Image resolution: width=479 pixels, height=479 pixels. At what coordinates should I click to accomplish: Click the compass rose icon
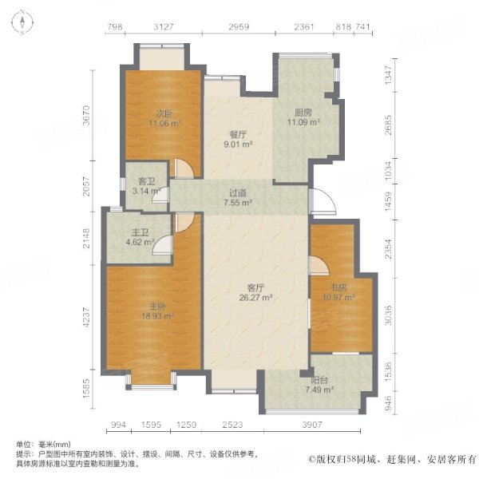coord(22,22)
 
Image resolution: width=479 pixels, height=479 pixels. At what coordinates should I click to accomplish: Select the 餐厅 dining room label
coord(238,135)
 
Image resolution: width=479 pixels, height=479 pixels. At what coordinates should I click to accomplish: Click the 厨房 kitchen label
coord(303,113)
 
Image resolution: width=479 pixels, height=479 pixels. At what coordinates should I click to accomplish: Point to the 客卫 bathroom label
coord(147,181)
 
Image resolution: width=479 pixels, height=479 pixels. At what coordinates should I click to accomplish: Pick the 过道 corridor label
coord(238,193)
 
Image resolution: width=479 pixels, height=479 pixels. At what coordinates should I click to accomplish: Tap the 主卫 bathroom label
coord(140,233)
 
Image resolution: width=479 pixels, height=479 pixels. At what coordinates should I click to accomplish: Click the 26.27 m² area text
coord(255,297)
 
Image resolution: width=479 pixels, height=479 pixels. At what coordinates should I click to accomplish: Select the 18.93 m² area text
coord(157,316)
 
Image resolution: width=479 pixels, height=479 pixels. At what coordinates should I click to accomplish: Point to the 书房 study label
coord(339,287)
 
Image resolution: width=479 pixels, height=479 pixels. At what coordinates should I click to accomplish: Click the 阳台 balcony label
coord(319,380)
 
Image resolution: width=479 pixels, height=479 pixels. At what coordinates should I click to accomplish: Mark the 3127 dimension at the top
coord(164,27)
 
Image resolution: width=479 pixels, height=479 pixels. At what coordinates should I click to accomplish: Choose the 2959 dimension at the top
coord(239,27)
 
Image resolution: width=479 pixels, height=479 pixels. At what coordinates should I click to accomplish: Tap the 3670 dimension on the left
coord(87,115)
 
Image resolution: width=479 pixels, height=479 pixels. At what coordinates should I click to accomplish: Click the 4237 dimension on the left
coord(87,318)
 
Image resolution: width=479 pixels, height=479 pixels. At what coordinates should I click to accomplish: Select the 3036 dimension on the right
coord(388,315)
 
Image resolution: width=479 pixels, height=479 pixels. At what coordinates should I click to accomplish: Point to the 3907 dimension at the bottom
coord(312,425)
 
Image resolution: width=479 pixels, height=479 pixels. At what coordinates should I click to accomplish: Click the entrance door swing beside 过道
coord(323,202)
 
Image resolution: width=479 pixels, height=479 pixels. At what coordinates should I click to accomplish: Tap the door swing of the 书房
coord(319,266)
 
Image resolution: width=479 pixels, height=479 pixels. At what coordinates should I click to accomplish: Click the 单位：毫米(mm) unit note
coord(43,444)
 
